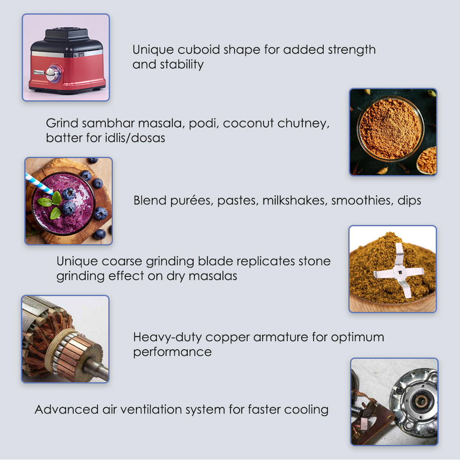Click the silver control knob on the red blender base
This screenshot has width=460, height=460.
[53, 73]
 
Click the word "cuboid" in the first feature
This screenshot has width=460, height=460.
[199, 50]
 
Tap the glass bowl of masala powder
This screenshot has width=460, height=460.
[390, 129]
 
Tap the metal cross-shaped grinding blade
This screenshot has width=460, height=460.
[399, 271]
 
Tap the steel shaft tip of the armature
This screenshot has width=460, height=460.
[100, 370]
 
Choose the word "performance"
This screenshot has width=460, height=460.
[172, 352]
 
